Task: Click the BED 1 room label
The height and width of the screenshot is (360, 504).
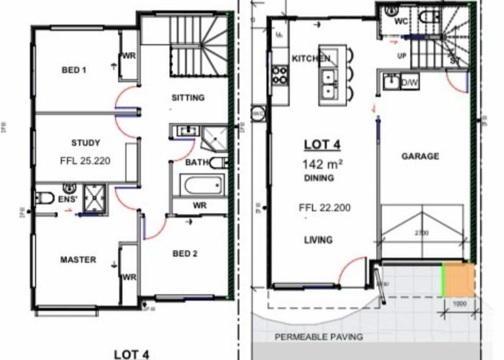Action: coord(73,70)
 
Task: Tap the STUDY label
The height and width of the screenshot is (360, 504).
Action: coord(86,143)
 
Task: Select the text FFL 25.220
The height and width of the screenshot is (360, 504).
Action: coord(86,162)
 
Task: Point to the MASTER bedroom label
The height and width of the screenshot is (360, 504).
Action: coord(77,260)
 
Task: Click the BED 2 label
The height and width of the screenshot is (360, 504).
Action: coord(185,253)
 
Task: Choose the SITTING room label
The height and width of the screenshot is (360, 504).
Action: coord(188,98)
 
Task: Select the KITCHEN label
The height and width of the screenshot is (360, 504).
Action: coord(310,58)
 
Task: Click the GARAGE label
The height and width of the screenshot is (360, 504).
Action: coord(420,156)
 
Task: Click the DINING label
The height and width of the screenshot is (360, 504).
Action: coord(320,177)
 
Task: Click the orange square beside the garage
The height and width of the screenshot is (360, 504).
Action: coord(456,279)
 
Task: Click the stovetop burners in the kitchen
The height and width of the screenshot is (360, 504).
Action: coord(279,75)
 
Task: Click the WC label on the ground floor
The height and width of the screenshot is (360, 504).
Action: coord(402,22)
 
